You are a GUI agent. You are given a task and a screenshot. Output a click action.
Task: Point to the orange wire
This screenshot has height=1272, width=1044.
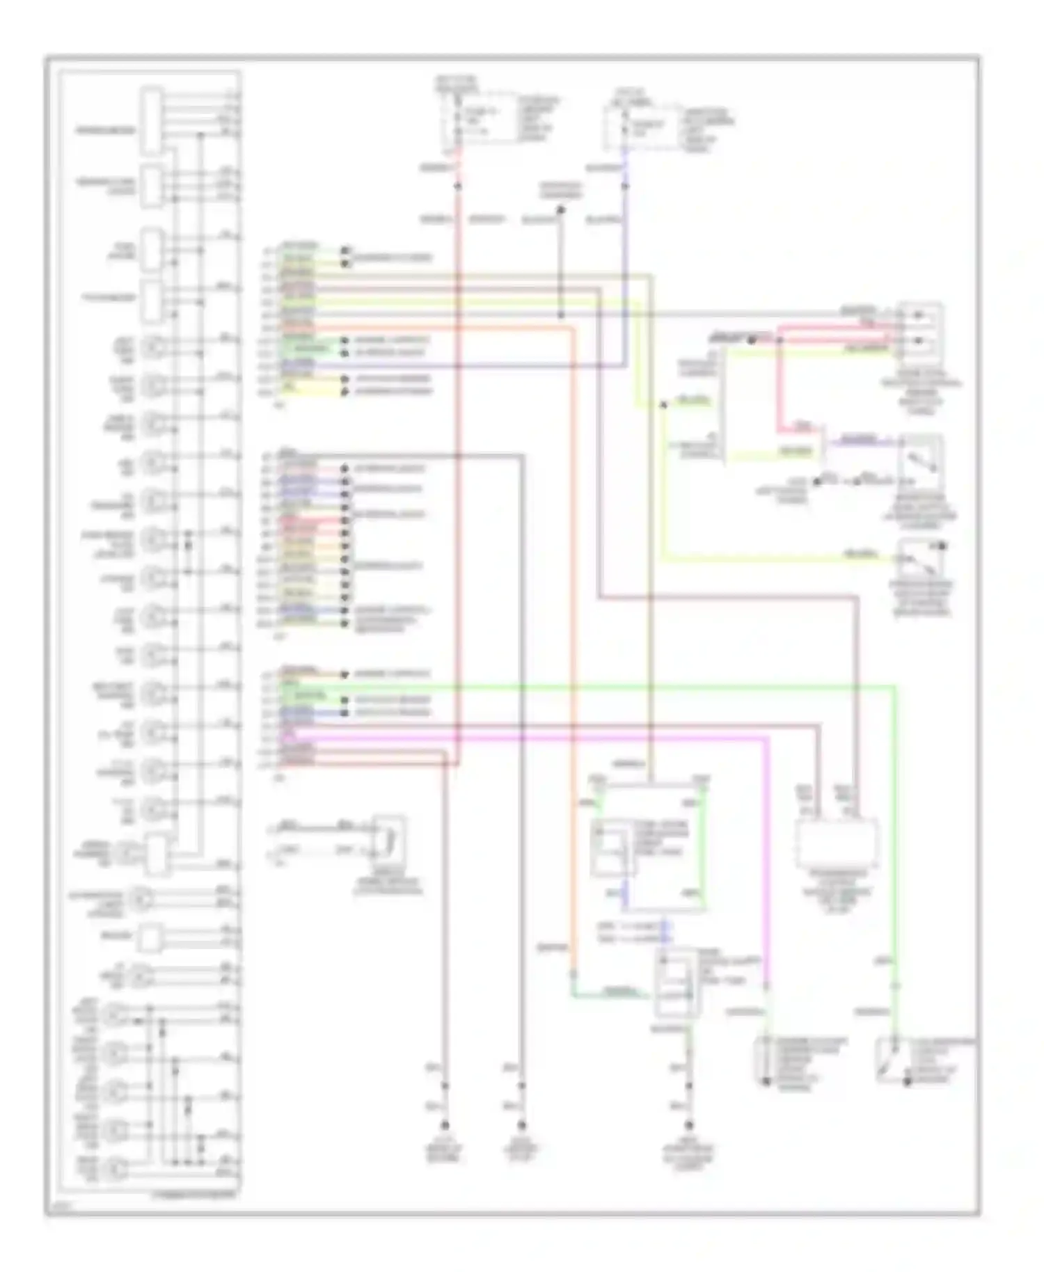tap(574, 626)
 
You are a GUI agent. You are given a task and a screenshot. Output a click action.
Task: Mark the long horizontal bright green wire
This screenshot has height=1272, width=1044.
tap(592, 687)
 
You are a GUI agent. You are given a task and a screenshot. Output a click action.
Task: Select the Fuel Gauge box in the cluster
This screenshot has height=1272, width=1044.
tap(152, 248)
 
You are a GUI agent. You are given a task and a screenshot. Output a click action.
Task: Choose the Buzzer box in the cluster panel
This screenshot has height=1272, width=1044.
tap(150, 937)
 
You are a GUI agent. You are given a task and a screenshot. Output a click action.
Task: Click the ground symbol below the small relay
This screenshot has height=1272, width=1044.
tap(689, 1124)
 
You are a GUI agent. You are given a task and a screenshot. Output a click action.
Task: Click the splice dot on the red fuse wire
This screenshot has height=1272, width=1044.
tap(457, 186)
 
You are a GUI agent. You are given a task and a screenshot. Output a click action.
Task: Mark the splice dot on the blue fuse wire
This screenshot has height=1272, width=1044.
tap(624, 186)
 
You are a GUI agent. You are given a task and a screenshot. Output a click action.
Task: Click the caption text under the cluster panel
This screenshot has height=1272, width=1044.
tap(194, 1193)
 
